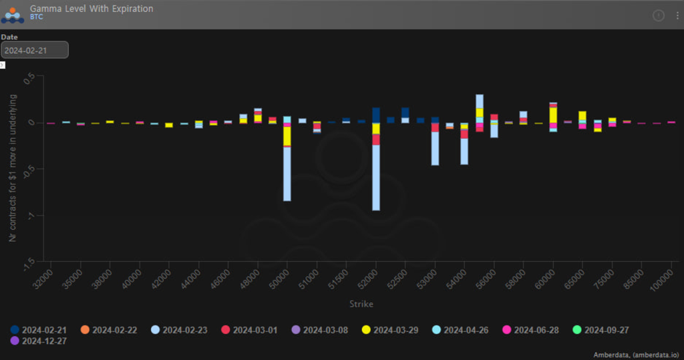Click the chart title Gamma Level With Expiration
(x=92, y=9)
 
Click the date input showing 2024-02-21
(x=35, y=51)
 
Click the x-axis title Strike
(x=361, y=305)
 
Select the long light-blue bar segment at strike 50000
(x=287, y=174)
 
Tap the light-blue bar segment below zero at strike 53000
(x=435, y=148)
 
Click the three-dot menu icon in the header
(x=676, y=15)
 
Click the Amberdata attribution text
(x=636, y=355)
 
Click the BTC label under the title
(x=36, y=17)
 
